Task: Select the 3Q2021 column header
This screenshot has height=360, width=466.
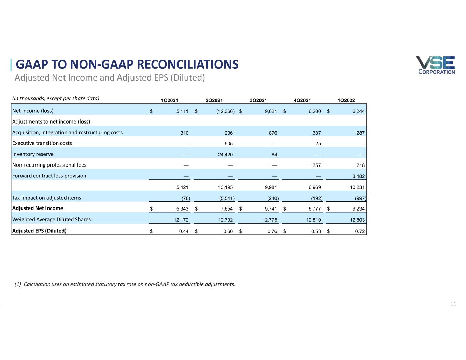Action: click(x=258, y=100)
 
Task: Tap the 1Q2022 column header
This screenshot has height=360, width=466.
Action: click(x=346, y=100)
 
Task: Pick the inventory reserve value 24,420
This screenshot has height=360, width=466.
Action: click(x=225, y=155)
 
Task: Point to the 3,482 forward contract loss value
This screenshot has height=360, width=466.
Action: click(x=358, y=176)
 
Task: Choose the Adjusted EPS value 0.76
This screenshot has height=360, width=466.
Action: click(x=272, y=231)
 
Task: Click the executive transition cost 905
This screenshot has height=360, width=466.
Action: click(x=229, y=144)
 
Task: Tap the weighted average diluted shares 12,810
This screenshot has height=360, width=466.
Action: click(x=313, y=220)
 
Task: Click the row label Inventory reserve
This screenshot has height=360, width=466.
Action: click(x=33, y=154)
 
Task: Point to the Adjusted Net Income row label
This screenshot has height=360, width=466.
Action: click(x=38, y=208)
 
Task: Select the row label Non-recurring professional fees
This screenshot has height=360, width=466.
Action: click(x=49, y=165)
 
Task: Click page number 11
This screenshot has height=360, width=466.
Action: click(x=453, y=304)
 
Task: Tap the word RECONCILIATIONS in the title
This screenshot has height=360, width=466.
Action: click(x=187, y=64)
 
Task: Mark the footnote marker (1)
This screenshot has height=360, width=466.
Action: click(x=18, y=284)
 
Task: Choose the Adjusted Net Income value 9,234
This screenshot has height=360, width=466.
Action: click(x=358, y=209)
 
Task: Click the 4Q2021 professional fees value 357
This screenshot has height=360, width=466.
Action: click(x=316, y=165)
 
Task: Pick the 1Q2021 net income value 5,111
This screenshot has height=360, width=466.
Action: click(x=182, y=111)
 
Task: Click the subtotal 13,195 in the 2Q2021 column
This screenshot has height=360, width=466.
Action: click(x=225, y=187)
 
